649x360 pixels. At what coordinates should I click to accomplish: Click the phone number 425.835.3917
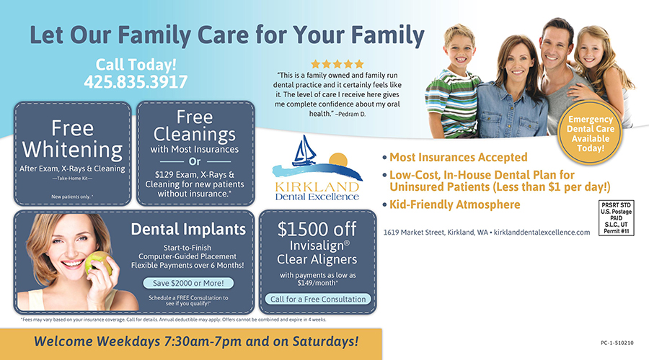(x=136, y=82)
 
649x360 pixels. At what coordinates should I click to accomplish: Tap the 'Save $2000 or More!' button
(x=188, y=283)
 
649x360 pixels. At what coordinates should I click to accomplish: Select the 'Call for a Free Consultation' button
(x=318, y=299)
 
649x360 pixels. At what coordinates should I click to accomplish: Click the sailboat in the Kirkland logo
(x=304, y=151)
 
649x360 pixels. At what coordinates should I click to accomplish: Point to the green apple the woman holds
(x=97, y=264)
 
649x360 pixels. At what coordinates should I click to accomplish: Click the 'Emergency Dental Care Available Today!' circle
(x=590, y=133)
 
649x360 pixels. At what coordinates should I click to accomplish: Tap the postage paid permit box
(x=617, y=218)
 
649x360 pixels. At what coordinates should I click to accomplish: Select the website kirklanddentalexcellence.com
(x=542, y=233)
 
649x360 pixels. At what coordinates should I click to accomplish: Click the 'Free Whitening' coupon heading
(x=72, y=139)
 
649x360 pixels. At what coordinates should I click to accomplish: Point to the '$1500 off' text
(x=317, y=229)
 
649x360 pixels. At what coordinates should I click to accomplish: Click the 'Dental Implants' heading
(x=188, y=229)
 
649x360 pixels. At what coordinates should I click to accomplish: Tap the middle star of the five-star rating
(x=337, y=64)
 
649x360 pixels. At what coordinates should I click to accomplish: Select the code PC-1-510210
(x=617, y=343)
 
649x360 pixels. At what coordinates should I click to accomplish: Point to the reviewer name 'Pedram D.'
(x=352, y=114)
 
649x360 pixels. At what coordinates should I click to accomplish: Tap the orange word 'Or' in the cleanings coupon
(x=195, y=161)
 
